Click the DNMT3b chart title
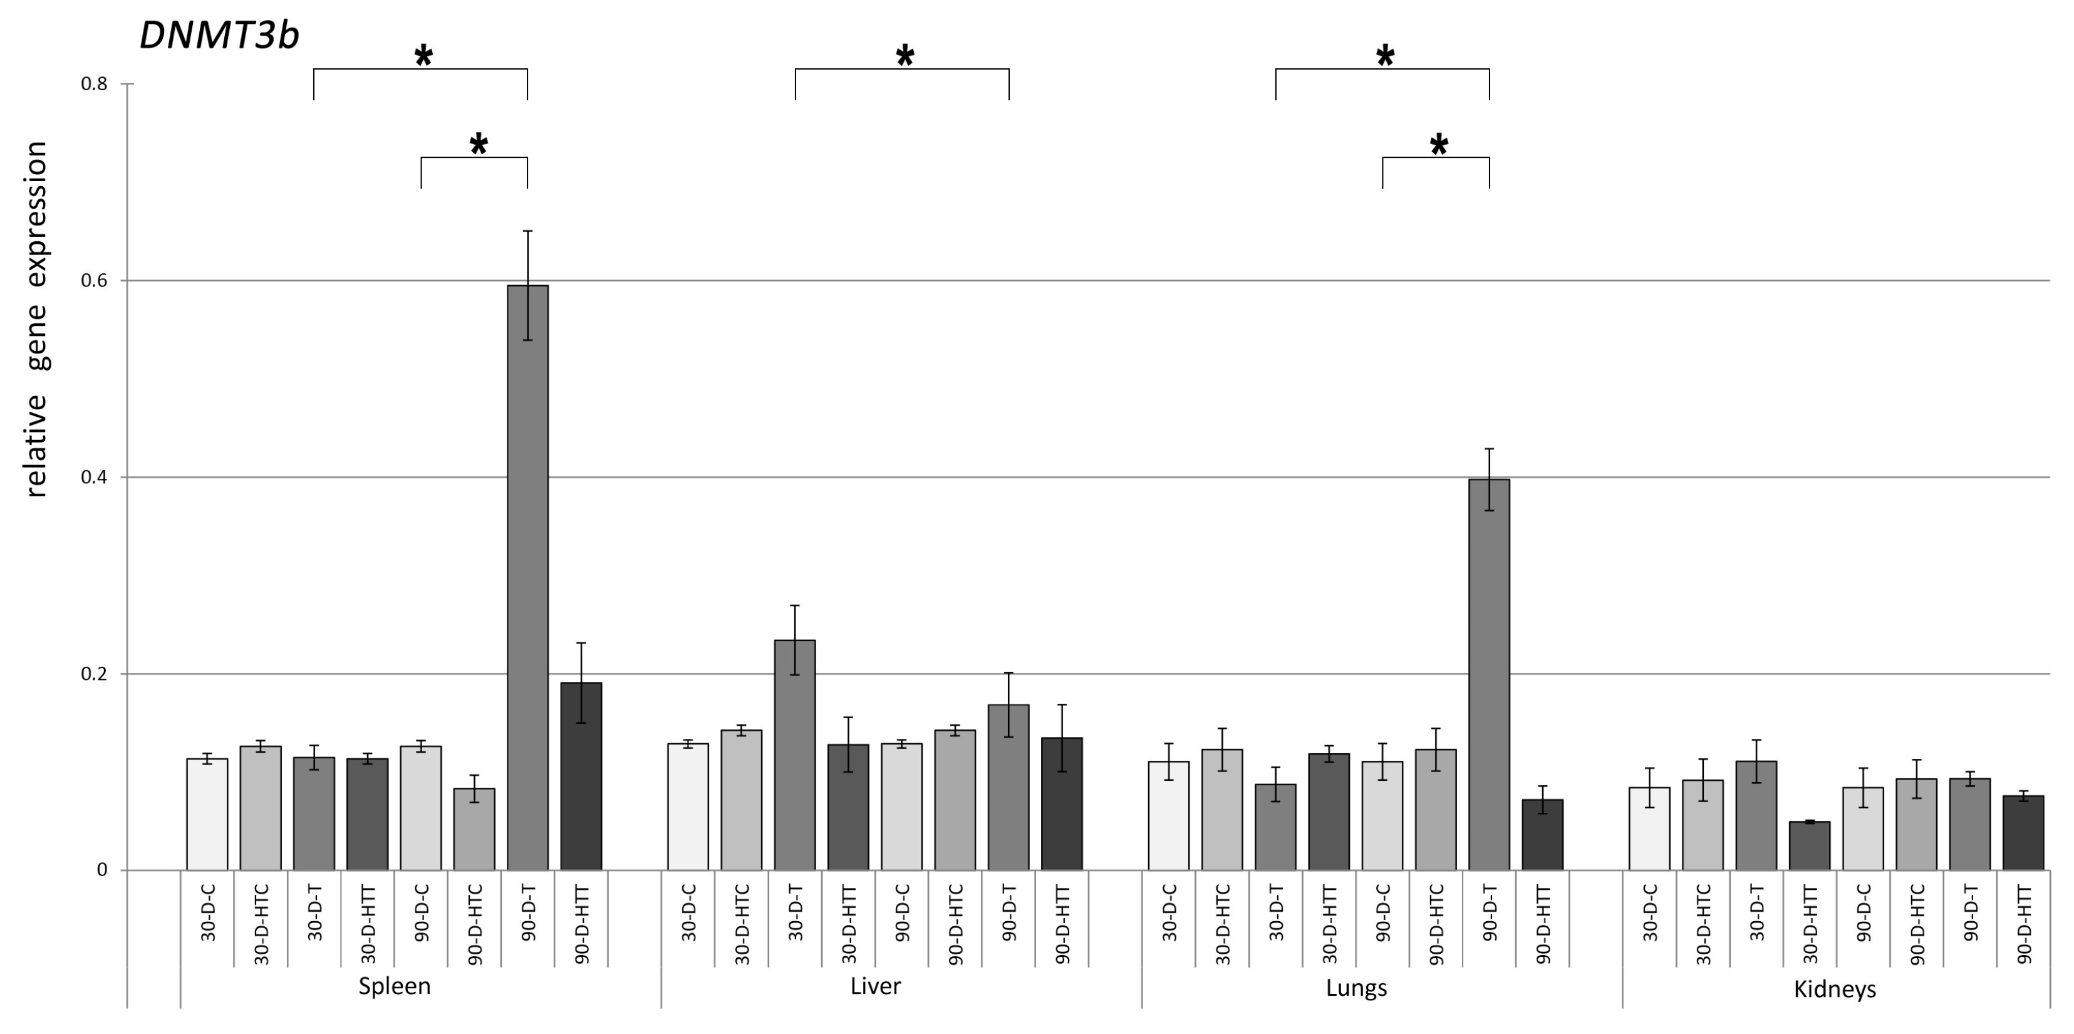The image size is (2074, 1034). click(219, 36)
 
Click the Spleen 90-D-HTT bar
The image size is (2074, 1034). click(581, 776)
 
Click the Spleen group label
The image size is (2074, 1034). click(395, 986)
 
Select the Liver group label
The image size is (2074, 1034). click(875, 986)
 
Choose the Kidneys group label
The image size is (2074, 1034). click(1835, 989)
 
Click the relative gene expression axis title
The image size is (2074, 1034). click(37, 319)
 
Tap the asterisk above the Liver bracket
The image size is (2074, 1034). click(905, 56)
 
